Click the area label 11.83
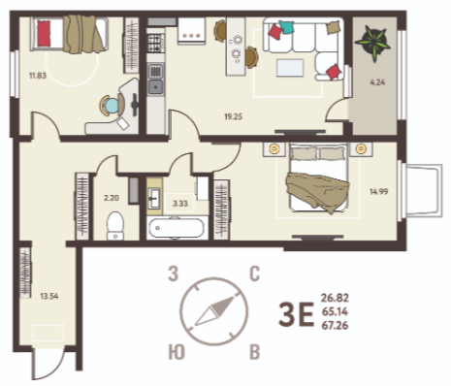pos(38,76)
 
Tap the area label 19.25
pos(234,116)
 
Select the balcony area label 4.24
pos(377,82)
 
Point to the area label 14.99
pos(379,192)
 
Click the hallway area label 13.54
pos(49,296)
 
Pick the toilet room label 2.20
pos(112,198)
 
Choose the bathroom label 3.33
pos(180,204)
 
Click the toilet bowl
pos(115,226)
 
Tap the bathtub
pos(177,228)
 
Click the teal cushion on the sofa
pos(286,27)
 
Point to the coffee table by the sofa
pos(290,68)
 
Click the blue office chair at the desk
pos(112,106)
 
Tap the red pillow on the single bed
pos(44,34)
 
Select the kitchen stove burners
pos(156,44)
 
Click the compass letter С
pos(255,273)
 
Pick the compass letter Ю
pos(177,352)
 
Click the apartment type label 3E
pos(296,314)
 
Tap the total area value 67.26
pos(335,325)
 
